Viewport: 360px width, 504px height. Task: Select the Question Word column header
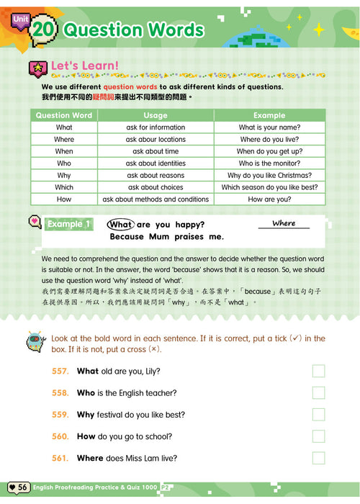pyautogui.click(x=64, y=115)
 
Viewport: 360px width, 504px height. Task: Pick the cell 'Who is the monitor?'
pyautogui.click(x=269, y=163)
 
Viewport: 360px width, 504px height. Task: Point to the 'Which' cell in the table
pyautogui.click(x=64, y=187)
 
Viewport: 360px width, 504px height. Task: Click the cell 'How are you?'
pyautogui.click(x=269, y=199)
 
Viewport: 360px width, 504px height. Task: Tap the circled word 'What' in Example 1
pyautogui.click(x=121, y=225)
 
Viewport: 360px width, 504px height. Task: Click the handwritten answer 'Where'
pyautogui.click(x=284, y=223)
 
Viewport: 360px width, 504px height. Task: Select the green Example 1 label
pyautogui.click(x=68, y=225)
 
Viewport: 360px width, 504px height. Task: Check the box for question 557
pyautogui.click(x=318, y=372)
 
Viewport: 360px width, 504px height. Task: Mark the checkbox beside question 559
pyautogui.click(x=318, y=415)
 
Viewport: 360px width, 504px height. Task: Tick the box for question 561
pyautogui.click(x=318, y=459)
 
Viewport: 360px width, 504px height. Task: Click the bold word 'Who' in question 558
pyautogui.click(x=86, y=393)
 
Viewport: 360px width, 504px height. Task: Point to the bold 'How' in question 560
pyautogui.click(x=86, y=436)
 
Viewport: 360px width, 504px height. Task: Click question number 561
pyautogui.click(x=60, y=459)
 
